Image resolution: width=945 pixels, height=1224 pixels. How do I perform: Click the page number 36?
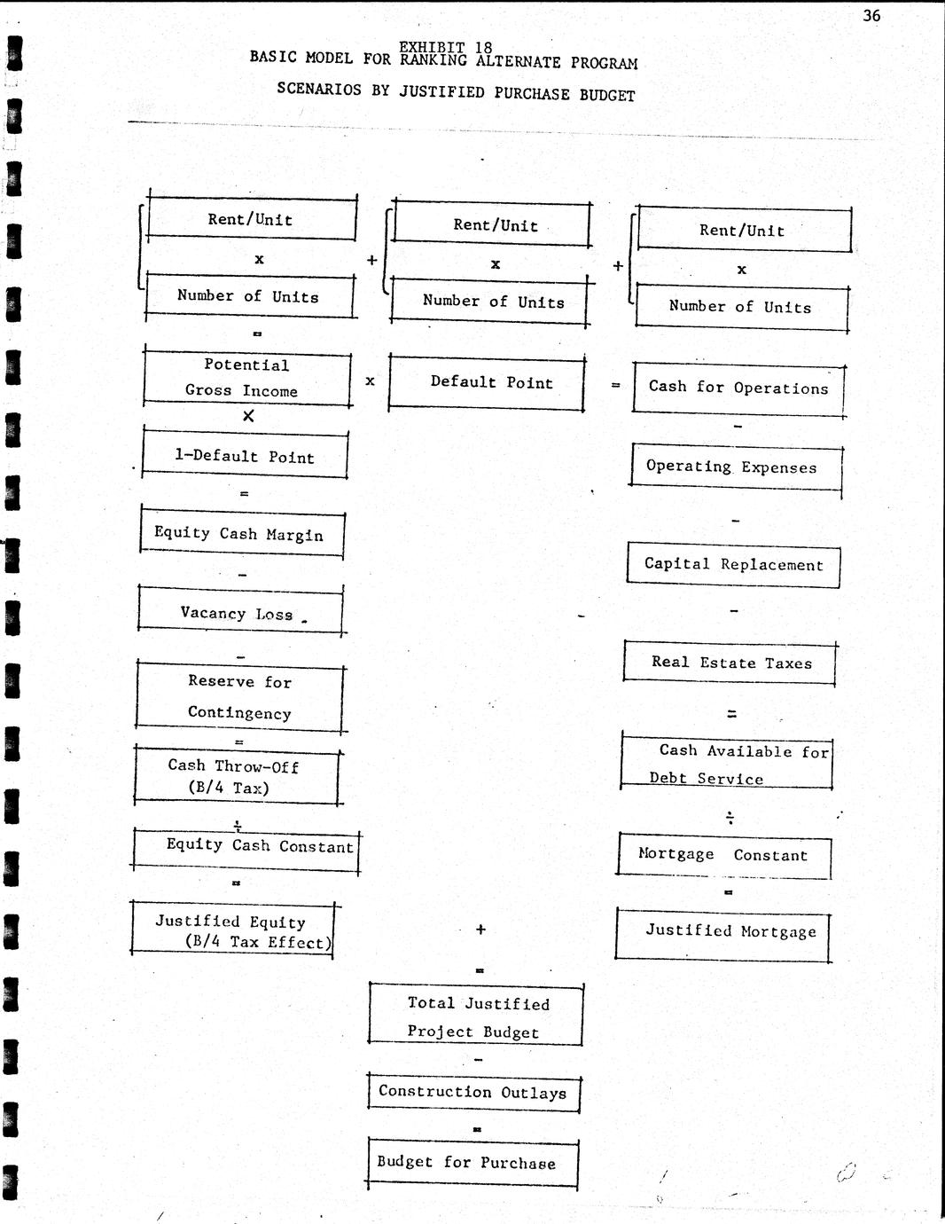point(871,15)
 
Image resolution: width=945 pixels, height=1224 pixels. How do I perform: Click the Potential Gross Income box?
point(247,379)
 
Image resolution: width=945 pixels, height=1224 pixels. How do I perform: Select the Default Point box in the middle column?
point(487,382)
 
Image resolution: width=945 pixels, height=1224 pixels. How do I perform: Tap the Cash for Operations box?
point(738,389)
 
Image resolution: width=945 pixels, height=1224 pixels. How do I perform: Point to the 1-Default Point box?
point(245,455)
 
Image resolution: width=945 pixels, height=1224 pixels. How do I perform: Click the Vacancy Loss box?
point(240,612)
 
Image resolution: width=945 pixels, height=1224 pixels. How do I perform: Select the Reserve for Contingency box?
point(239,699)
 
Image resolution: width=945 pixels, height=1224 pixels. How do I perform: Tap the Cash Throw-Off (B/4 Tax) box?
point(237,775)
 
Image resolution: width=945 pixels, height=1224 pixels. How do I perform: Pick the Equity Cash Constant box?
point(246,851)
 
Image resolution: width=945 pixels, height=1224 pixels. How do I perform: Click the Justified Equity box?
point(233,930)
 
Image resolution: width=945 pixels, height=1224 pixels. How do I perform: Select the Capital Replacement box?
point(733,565)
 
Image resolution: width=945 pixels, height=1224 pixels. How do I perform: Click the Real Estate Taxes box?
point(730,663)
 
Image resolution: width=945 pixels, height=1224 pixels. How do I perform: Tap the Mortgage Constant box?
point(724,855)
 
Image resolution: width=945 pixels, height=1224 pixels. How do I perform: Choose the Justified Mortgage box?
point(723,934)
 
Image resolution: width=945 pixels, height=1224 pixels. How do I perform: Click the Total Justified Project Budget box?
point(476,1016)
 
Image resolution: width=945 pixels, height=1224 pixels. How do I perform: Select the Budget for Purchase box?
point(472,1163)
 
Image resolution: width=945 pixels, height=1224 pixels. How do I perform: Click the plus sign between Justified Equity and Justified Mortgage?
point(480,929)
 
